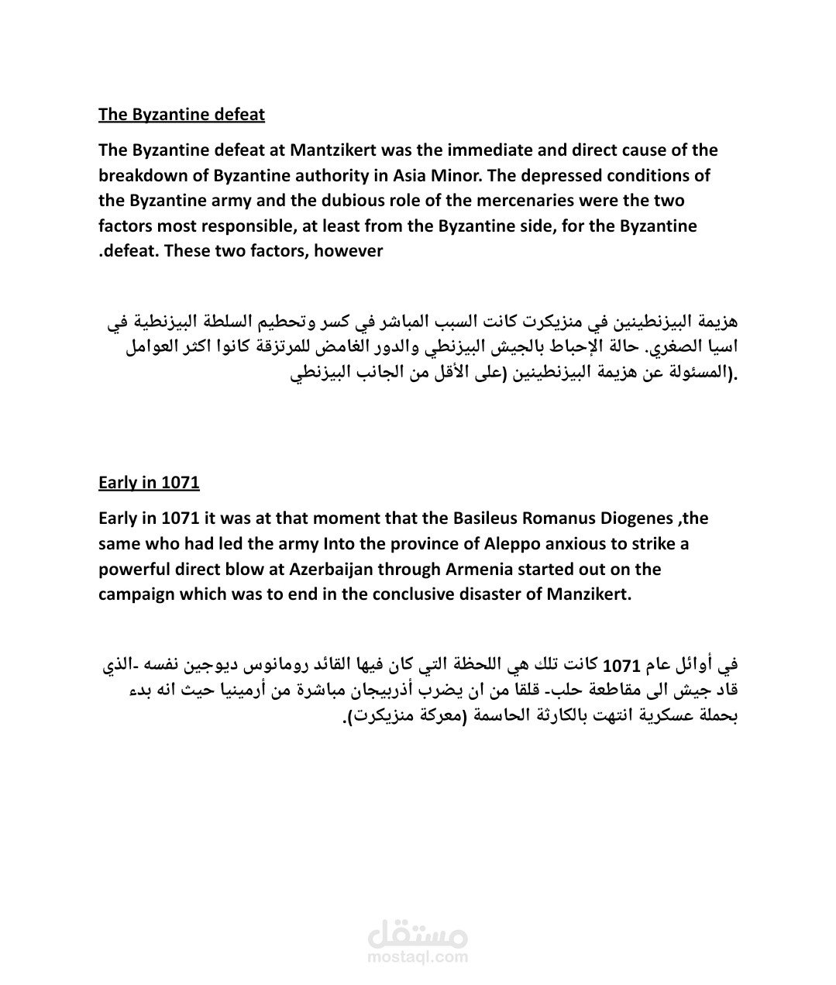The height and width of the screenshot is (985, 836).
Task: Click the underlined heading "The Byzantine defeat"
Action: pos(181,115)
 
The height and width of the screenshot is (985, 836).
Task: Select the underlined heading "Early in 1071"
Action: pos(149,483)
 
